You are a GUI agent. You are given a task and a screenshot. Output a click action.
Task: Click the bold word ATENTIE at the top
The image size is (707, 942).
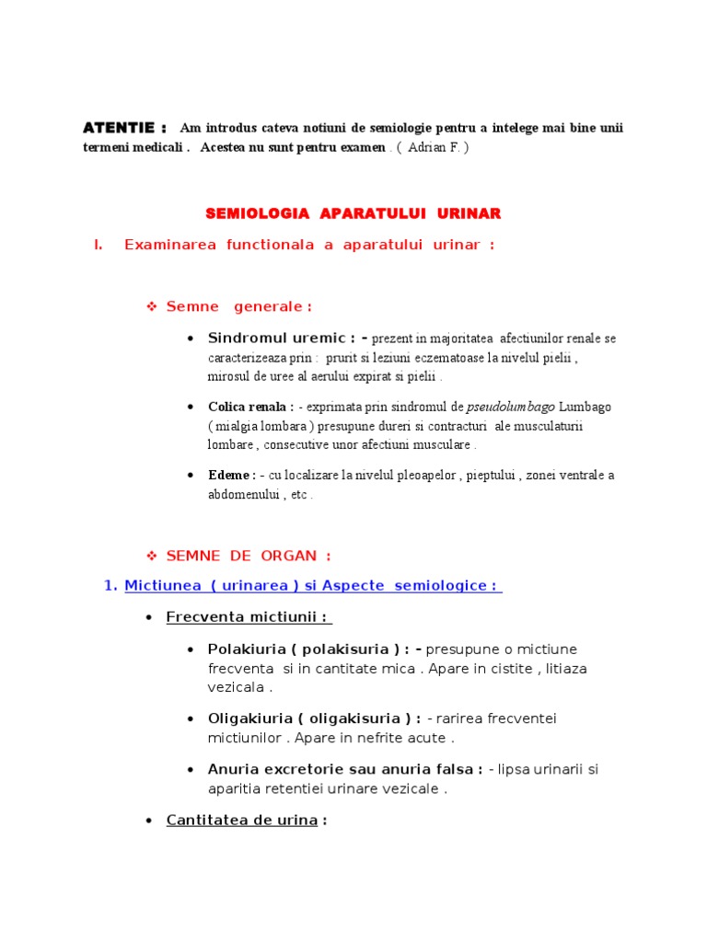[x=119, y=127]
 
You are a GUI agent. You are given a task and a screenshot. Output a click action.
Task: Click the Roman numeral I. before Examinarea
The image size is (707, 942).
[x=98, y=245]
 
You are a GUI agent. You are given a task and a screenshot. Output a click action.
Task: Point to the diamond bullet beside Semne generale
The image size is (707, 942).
[x=153, y=306]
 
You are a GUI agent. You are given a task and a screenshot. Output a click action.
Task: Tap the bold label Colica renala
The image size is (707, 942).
[x=249, y=407]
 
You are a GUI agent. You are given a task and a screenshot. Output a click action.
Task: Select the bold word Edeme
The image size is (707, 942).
[x=230, y=476]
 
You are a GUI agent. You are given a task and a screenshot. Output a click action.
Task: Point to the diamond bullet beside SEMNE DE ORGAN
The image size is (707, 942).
[x=153, y=556]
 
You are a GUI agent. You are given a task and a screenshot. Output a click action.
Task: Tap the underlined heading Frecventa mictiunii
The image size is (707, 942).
[x=249, y=616]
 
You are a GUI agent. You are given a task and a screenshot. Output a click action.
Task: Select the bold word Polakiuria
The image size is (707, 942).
[x=246, y=649]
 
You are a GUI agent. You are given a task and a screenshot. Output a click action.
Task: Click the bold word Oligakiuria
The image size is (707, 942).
[x=249, y=718]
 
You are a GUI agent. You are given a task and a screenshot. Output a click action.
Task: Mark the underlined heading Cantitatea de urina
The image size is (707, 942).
[x=241, y=820]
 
